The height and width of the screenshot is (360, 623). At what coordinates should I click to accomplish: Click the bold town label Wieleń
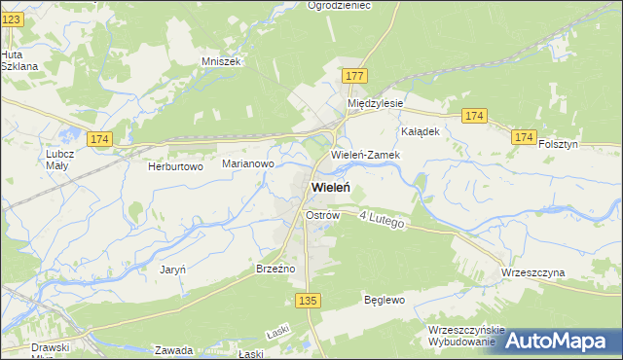pos(331,187)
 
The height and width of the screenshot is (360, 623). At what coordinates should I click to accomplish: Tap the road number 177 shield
pos(354,75)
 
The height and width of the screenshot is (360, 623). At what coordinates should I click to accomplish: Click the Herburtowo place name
pos(174,166)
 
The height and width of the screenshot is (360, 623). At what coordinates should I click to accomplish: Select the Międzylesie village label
pos(376,102)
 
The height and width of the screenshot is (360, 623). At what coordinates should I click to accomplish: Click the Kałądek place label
pos(421,130)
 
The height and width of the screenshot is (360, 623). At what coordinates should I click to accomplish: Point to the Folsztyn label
pos(559,144)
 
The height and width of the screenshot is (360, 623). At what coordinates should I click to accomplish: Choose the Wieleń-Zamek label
pos(361,155)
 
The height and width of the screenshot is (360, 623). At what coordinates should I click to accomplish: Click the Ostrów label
pos(321,214)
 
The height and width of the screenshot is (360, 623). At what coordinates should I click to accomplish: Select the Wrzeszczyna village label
pos(533,273)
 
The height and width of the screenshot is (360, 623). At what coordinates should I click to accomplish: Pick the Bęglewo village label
pos(384,300)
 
